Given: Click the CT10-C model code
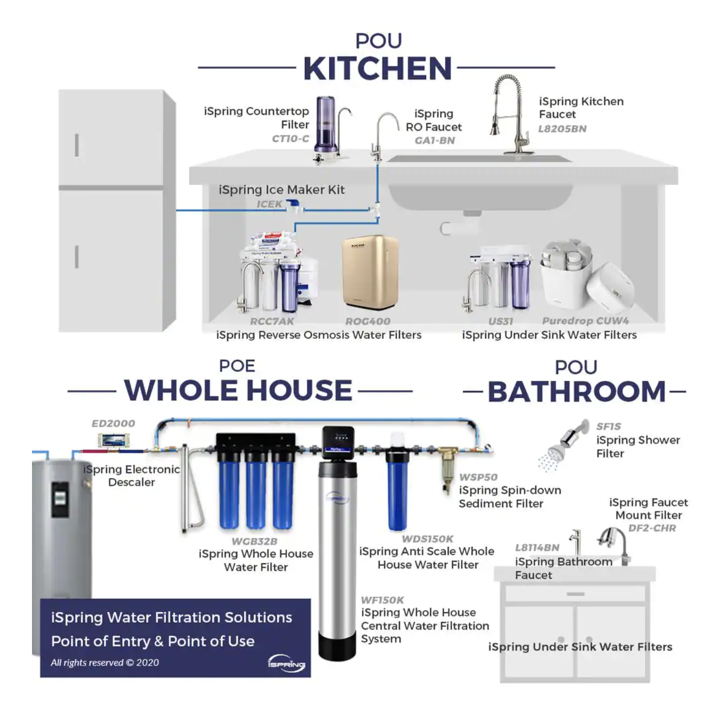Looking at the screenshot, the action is pyautogui.click(x=290, y=139).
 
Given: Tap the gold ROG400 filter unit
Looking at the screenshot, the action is pyautogui.click(x=370, y=273).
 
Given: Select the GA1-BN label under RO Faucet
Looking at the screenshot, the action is pyautogui.click(x=435, y=141).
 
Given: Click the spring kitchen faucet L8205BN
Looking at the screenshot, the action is pyautogui.click(x=511, y=114).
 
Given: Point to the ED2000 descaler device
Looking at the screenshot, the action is pyautogui.click(x=113, y=440).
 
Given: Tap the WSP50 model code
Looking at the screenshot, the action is pyautogui.click(x=478, y=477).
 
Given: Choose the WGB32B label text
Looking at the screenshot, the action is pyautogui.click(x=254, y=541).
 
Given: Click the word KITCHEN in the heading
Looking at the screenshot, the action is pyautogui.click(x=377, y=68).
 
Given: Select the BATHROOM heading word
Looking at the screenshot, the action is pyautogui.click(x=577, y=392).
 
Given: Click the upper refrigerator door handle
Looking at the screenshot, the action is pyautogui.click(x=77, y=145).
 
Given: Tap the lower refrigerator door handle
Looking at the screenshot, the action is pyautogui.click(x=77, y=257).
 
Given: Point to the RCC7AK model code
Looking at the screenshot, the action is pyautogui.click(x=272, y=321).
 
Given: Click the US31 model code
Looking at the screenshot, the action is pyautogui.click(x=501, y=321).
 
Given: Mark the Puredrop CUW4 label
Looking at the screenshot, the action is pyautogui.click(x=585, y=321).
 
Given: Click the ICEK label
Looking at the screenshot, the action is pyautogui.click(x=269, y=204).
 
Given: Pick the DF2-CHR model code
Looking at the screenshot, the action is pyautogui.click(x=652, y=528).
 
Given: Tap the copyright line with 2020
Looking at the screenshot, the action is pyautogui.click(x=105, y=663).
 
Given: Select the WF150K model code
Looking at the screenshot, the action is pyautogui.click(x=382, y=600).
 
